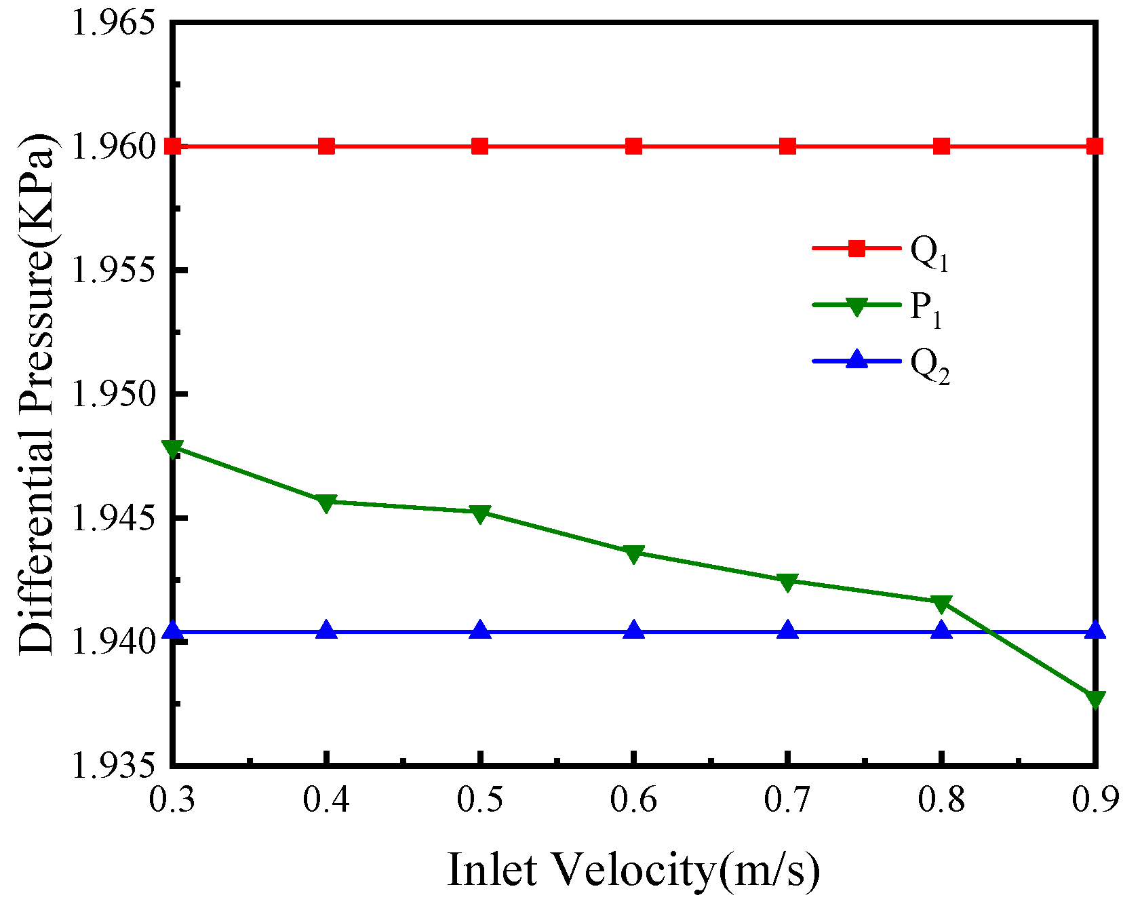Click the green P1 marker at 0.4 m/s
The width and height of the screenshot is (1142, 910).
point(326,503)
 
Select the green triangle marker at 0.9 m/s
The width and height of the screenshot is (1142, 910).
point(1095,698)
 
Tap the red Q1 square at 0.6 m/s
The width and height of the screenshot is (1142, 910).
point(633,146)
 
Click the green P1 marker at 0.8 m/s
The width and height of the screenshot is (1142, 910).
point(941,603)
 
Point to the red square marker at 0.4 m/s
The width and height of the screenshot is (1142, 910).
point(326,146)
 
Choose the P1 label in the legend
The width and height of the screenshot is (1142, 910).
point(926,309)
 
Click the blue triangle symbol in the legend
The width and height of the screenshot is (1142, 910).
point(857,359)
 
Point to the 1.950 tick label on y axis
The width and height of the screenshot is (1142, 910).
point(111,393)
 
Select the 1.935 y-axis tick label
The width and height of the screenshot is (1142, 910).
point(111,765)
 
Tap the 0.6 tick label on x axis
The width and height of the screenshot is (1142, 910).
point(633,801)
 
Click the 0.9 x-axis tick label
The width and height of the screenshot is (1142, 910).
point(1095,801)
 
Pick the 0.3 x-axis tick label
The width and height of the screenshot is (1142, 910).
point(172,801)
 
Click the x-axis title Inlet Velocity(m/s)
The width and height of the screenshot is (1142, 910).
point(633,870)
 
